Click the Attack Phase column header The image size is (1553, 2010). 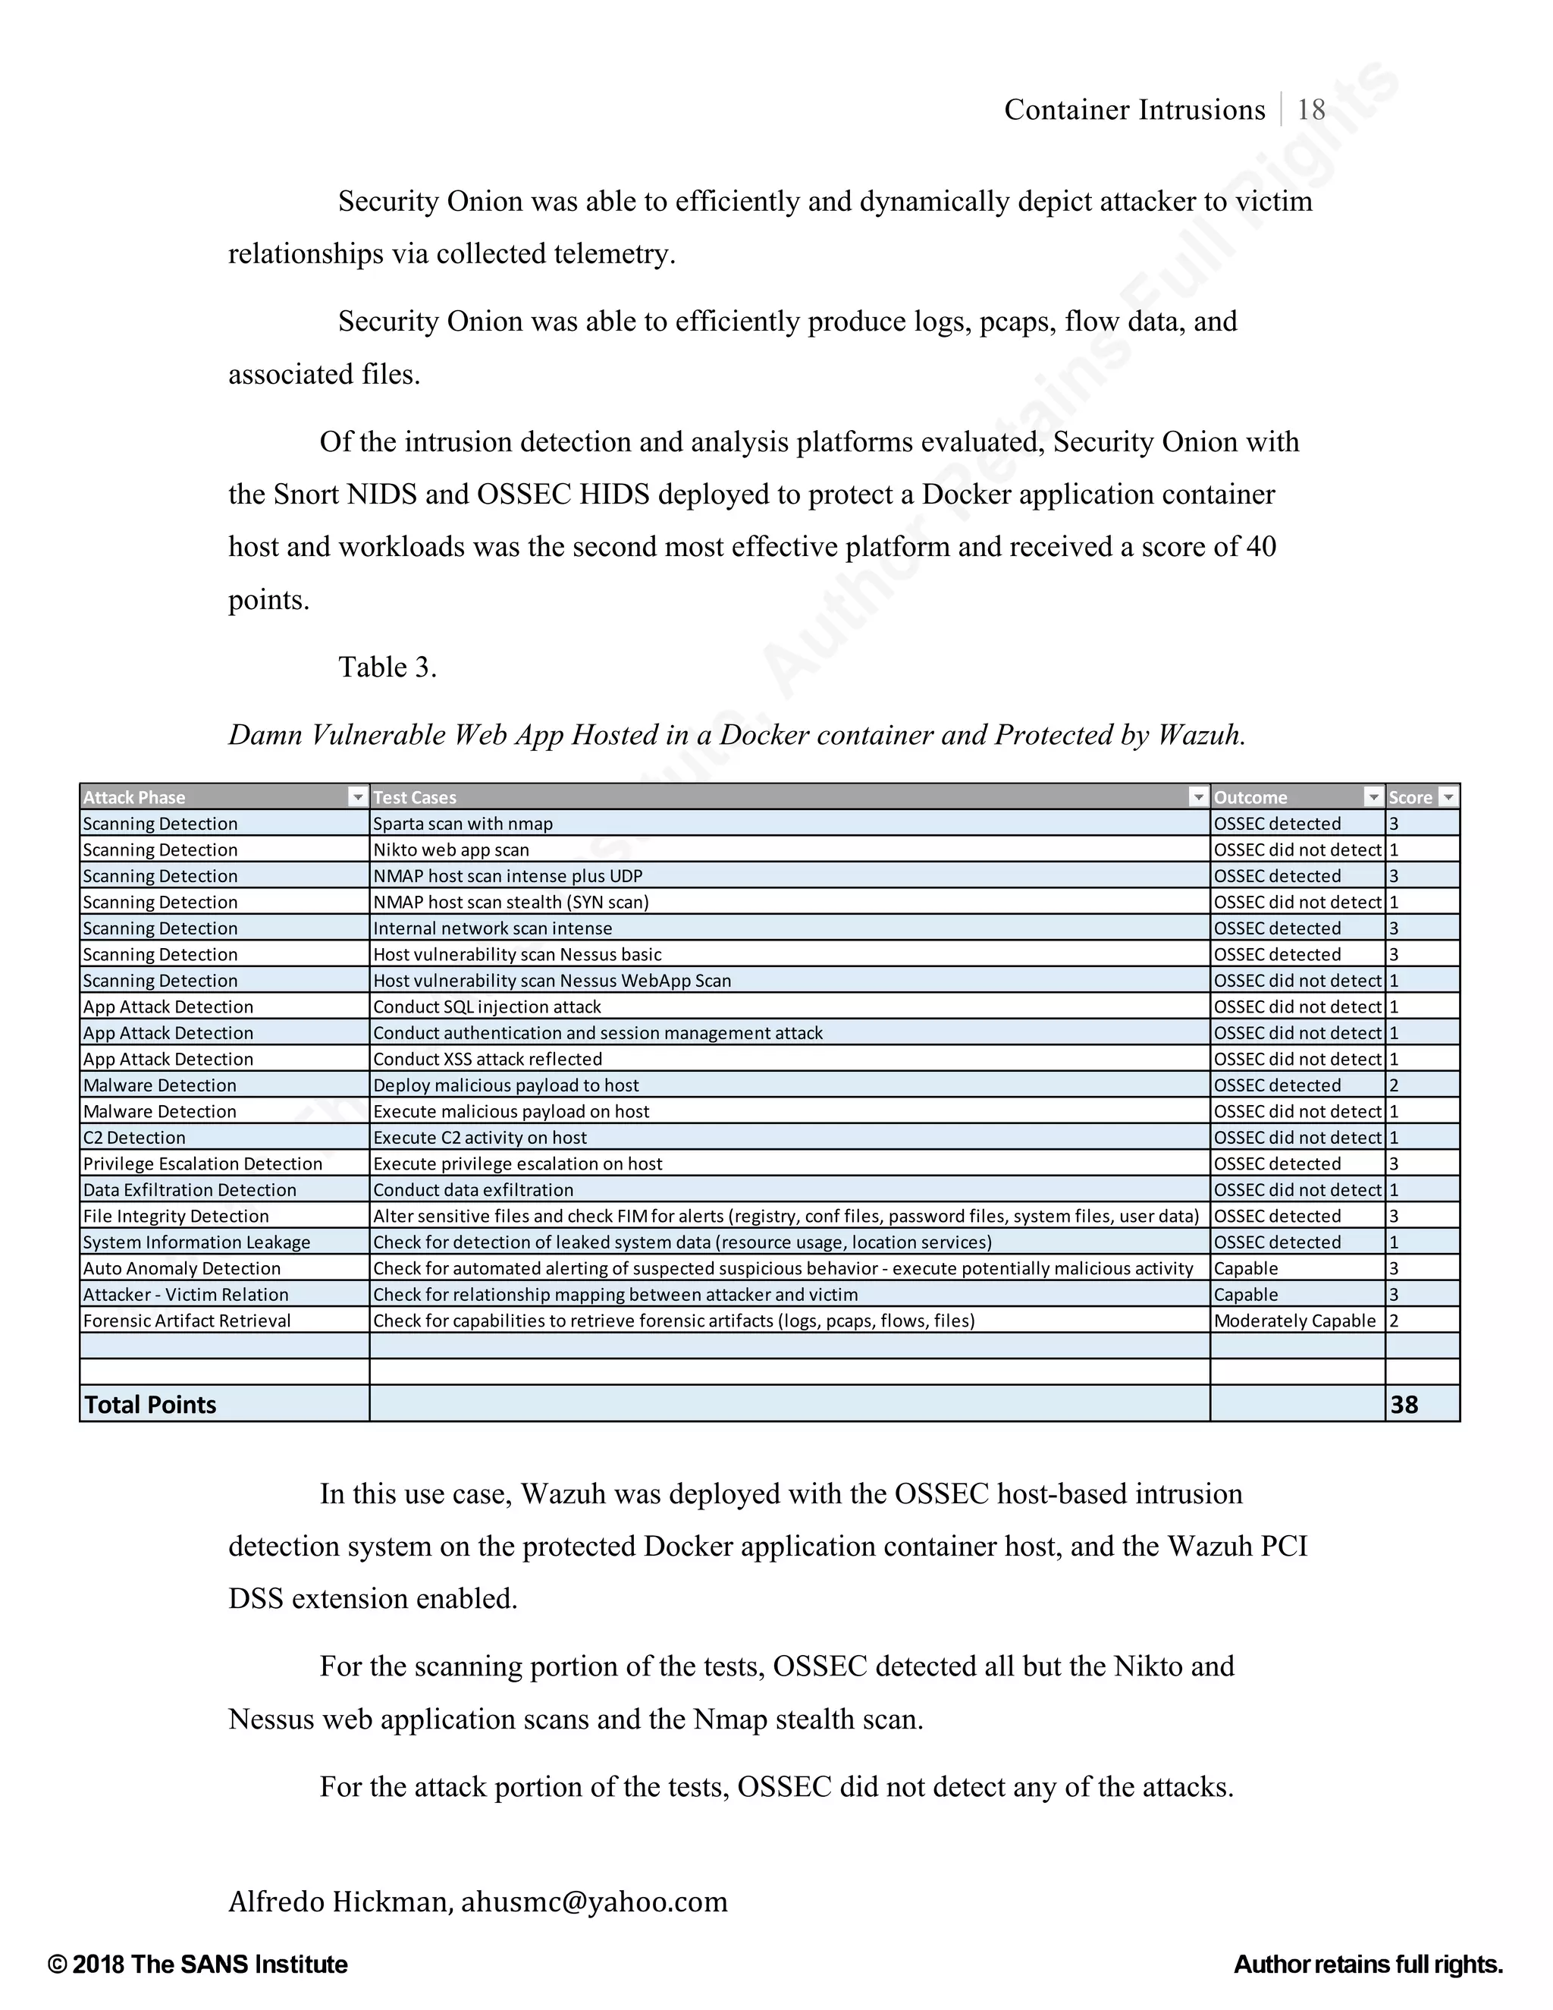(x=134, y=797)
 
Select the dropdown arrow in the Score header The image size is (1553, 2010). (x=1447, y=797)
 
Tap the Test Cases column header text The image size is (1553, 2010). (x=414, y=797)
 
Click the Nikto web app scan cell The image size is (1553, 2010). (x=451, y=850)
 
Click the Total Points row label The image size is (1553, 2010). (x=150, y=1405)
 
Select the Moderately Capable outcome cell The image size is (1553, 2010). (x=1294, y=1321)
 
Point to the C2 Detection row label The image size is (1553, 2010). (x=134, y=1138)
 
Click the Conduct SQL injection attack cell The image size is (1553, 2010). (x=487, y=1007)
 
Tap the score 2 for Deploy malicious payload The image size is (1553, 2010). (x=1394, y=1085)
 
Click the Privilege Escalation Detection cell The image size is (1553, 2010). (x=202, y=1164)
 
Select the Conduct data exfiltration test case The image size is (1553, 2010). (x=473, y=1190)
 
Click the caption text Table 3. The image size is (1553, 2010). (x=387, y=667)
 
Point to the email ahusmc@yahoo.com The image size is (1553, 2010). (x=594, y=1901)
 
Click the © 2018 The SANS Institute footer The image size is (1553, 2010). (x=198, y=1964)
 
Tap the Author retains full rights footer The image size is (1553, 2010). (x=1367, y=1964)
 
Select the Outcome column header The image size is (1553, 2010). (x=1250, y=797)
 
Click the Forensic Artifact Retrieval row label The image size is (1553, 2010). (x=187, y=1321)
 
